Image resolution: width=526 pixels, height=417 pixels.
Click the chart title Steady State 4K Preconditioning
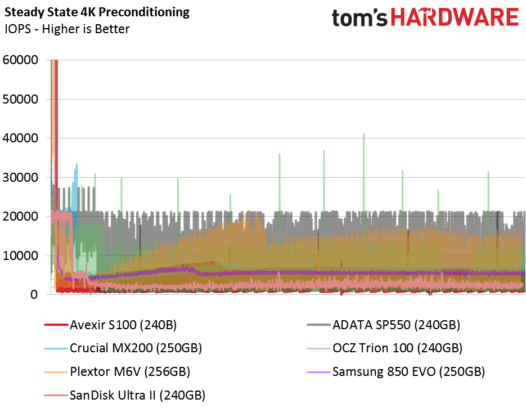97,12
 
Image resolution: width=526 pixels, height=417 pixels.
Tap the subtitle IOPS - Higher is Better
67,29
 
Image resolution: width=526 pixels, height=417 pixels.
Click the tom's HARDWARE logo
425,17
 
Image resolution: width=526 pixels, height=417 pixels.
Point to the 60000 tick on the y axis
20,60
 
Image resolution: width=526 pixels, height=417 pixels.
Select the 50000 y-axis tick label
20,99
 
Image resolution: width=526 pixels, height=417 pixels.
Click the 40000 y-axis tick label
20,138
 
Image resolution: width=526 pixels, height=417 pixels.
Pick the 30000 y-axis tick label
20,177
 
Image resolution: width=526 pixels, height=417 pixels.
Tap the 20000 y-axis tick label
20,216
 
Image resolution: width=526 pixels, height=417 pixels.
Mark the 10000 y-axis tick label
20,255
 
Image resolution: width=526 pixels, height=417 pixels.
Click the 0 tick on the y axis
35,294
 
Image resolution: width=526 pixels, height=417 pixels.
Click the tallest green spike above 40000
363,134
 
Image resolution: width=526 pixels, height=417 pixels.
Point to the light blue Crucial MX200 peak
77,165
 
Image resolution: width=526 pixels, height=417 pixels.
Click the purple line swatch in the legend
318,372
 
